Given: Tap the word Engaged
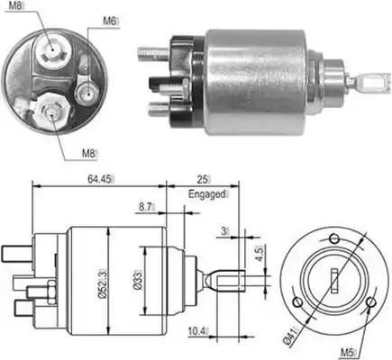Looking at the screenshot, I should point(206,193).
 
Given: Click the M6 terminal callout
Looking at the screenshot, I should point(109,20).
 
